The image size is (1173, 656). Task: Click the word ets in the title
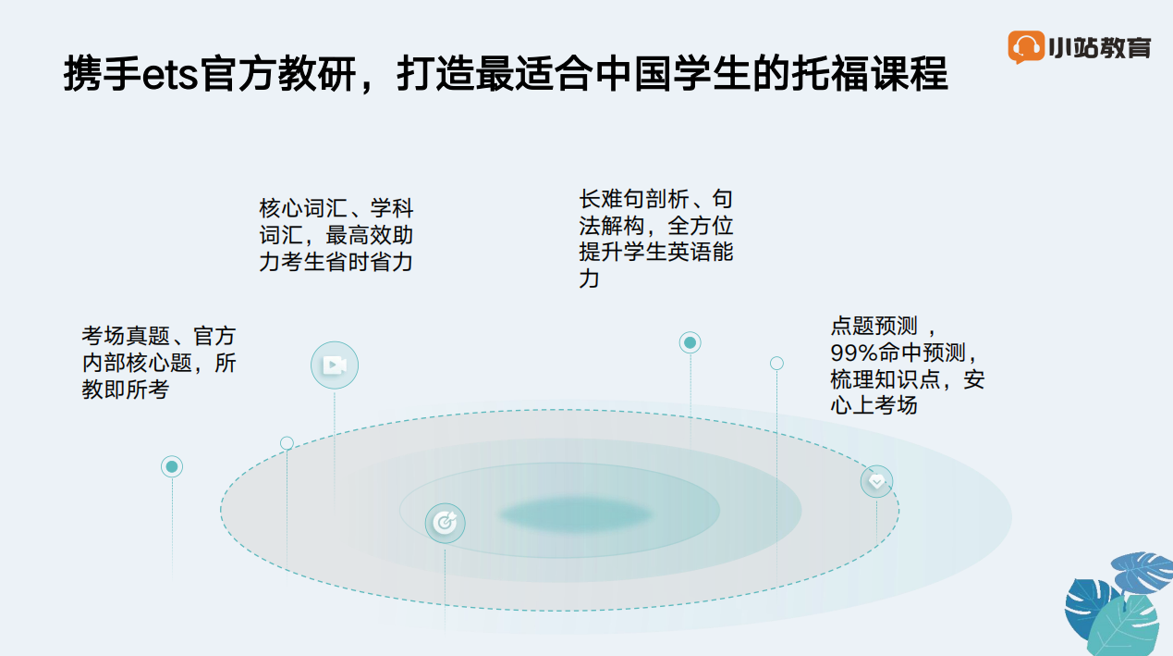[170, 75]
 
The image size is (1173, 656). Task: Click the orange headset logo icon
[1026, 47]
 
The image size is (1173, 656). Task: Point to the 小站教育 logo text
[1100, 48]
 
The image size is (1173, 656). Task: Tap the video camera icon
[335, 365]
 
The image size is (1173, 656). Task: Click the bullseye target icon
[446, 523]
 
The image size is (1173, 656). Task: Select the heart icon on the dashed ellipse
[876, 481]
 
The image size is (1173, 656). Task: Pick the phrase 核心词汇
[303, 208]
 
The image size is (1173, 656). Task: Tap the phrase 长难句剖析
[634, 199]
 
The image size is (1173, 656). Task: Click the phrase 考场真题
[126, 336]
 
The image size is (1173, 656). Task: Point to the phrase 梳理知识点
[886, 378]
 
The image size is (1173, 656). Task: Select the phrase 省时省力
[369, 262]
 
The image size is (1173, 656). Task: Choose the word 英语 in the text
[690, 252]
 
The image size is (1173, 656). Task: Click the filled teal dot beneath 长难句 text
[690, 342]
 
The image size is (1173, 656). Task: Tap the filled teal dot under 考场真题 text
[172, 466]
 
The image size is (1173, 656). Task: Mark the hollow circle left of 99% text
[776, 363]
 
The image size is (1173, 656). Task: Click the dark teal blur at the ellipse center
[576, 514]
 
